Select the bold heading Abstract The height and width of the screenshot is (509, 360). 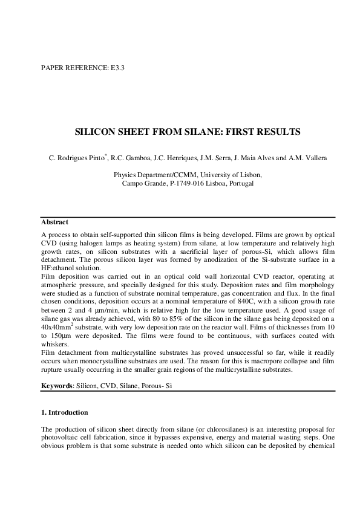coord(54,222)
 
